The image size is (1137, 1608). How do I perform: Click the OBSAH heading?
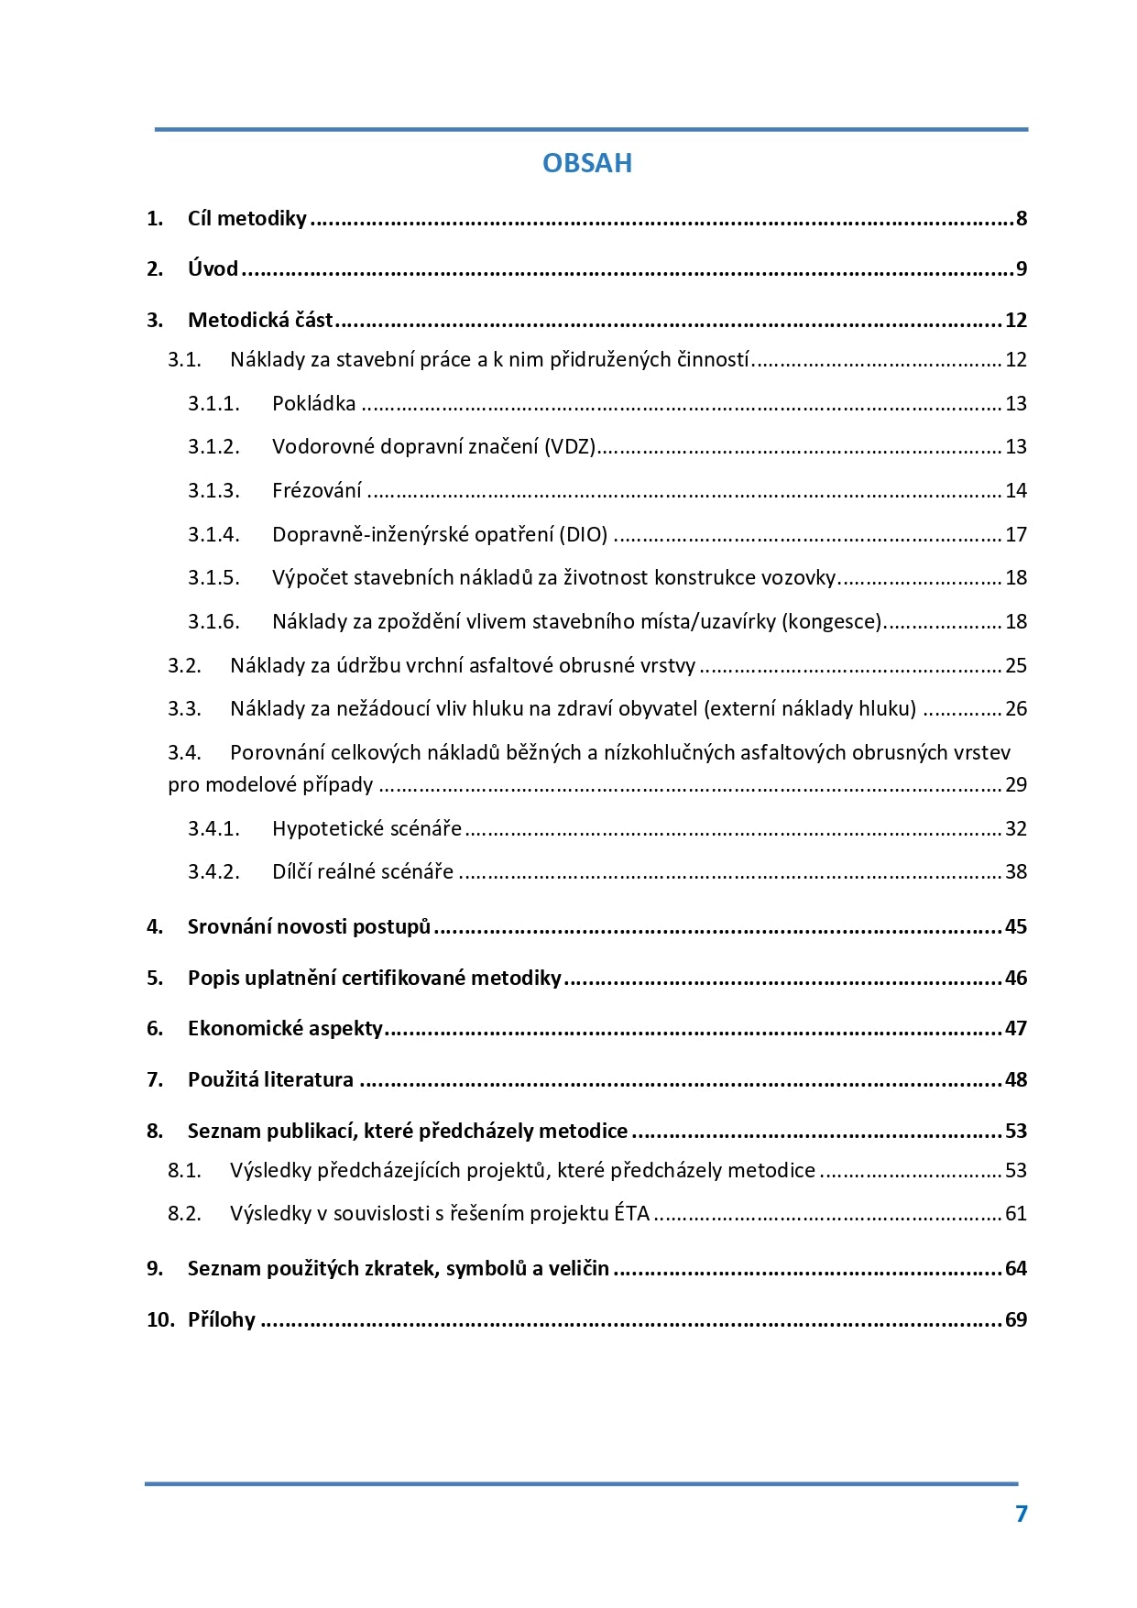[x=586, y=163]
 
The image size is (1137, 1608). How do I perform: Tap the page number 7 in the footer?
[x=1022, y=1514]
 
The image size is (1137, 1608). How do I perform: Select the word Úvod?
[x=213, y=268]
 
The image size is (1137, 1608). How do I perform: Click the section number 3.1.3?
[x=213, y=490]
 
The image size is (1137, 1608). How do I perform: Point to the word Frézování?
[x=316, y=490]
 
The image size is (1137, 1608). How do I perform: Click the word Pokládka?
[x=313, y=403]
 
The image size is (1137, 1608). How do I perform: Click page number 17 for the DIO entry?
[x=1016, y=534]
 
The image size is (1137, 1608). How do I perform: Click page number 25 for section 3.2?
[x=1016, y=665]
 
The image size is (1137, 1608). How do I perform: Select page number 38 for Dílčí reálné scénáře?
[x=1016, y=871]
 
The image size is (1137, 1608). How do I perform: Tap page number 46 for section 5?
[x=1016, y=978]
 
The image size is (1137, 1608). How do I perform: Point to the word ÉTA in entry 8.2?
[x=631, y=1213]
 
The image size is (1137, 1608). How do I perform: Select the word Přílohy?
[x=221, y=1319]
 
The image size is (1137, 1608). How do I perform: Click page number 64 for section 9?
[x=1016, y=1268]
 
